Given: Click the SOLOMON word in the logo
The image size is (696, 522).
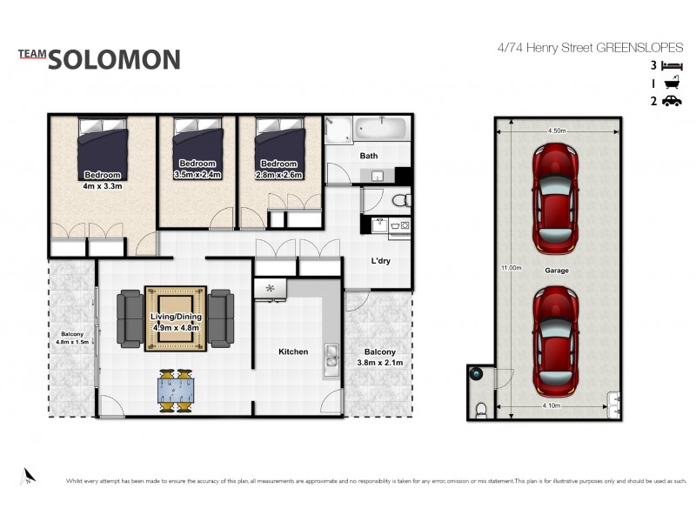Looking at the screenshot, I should coord(114,59).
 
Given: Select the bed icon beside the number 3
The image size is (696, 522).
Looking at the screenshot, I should coord(672,65).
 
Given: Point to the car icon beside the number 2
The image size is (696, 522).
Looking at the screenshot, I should coord(672,101).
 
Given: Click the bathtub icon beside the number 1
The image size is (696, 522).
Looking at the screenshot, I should coord(672,83).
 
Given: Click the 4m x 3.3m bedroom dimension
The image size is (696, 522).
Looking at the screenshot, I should coord(103,184).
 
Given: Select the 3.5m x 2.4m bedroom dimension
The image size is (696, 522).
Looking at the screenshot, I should coord(197,174).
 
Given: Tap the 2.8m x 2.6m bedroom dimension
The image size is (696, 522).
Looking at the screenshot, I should coord(278,174).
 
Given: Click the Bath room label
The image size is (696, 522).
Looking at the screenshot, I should coord(369,156).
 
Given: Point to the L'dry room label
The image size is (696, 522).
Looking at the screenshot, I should coord(379,261).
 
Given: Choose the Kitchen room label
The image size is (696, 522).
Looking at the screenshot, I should coord(293,351).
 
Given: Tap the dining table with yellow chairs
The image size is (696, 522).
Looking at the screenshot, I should coord(177,391).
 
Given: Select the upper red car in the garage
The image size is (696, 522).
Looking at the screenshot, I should coord(556,195).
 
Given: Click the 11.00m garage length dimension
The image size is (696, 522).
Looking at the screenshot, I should coord(511,267).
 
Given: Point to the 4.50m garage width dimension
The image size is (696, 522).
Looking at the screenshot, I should coord(558,130).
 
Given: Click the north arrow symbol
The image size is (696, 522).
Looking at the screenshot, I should coord(28,475).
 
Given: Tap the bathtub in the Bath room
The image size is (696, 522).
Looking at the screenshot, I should coord(381,130).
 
